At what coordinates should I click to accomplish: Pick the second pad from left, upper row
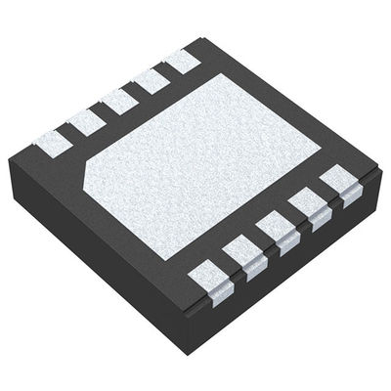tap(85, 119)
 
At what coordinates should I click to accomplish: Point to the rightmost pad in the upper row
tap(183, 64)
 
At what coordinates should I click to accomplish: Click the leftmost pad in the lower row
tap(207, 275)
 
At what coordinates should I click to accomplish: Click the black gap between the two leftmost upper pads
tap(67, 133)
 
